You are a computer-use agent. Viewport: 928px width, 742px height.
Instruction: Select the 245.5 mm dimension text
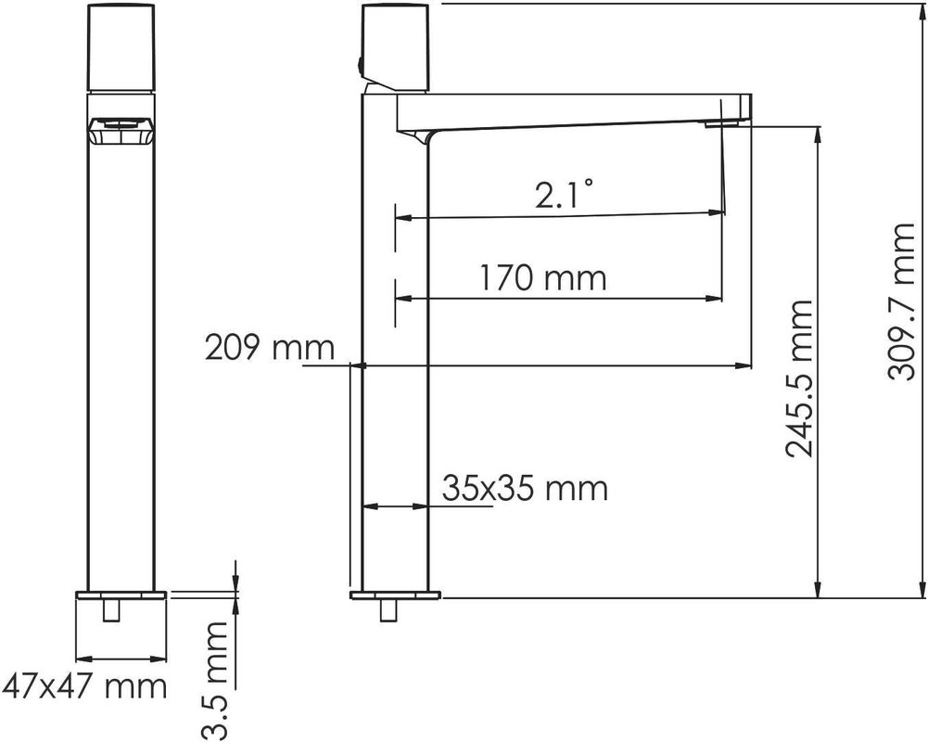click(x=799, y=379)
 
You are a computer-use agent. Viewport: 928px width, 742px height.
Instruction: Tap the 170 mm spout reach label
click(x=542, y=277)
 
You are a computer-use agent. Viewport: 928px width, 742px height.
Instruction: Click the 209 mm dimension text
click(x=270, y=348)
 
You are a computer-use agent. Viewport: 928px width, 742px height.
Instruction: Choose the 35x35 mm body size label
click(x=525, y=489)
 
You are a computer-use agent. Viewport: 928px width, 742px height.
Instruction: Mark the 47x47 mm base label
click(x=84, y=687)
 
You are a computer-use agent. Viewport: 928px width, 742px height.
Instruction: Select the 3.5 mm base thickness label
click(x=214, y=681)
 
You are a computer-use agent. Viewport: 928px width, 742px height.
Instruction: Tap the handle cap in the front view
click(x=121, y=47)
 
